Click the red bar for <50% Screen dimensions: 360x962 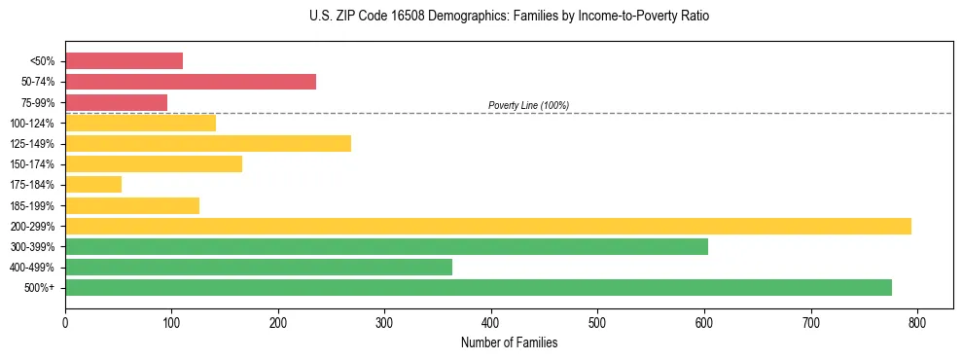(124, 61)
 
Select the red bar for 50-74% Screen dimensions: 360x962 (191, 82)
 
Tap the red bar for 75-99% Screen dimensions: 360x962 (116, 102)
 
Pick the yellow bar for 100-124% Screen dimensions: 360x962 (140, 123)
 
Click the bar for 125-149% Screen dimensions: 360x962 (208, 144)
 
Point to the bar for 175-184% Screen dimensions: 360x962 (93, 185)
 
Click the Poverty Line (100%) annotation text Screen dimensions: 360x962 (528, 105)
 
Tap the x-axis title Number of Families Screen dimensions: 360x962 (509, 342)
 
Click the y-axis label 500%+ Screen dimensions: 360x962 (39, 288)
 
